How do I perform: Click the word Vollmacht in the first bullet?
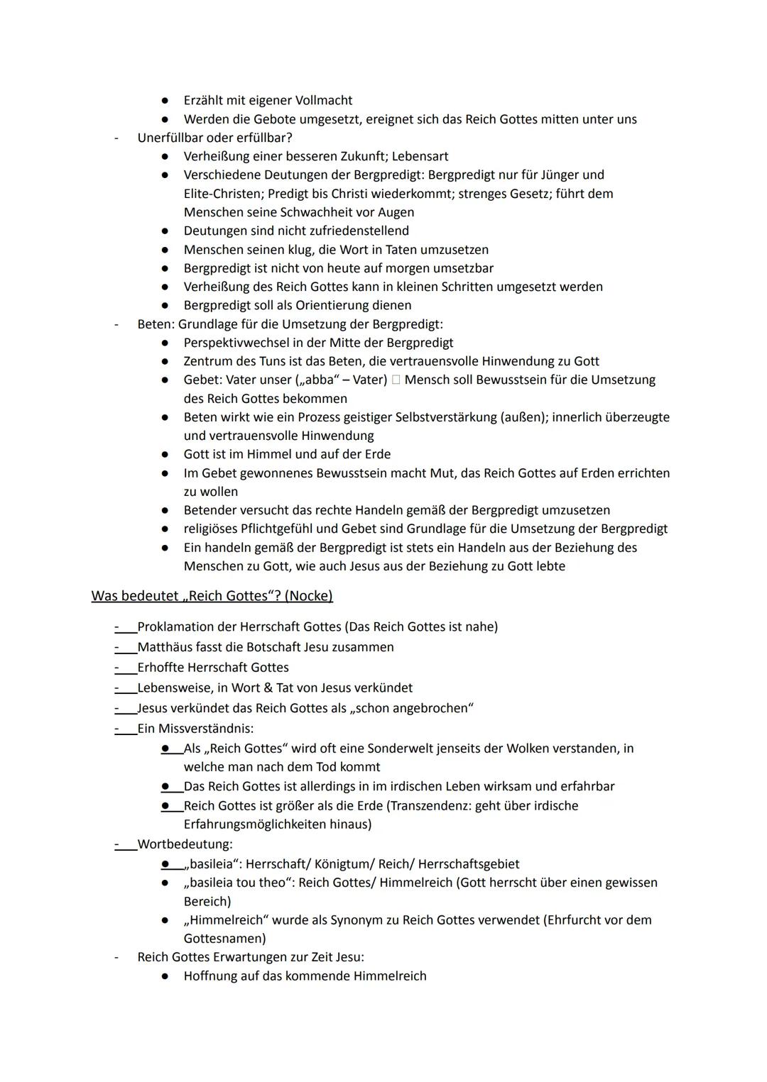(x=323, y=101)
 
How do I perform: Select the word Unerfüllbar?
(x=170, y=138)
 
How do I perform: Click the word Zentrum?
(x=207, y=361)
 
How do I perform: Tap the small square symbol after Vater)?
(x=396, y=380)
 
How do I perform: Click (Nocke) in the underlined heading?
(x=308, y=596)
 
